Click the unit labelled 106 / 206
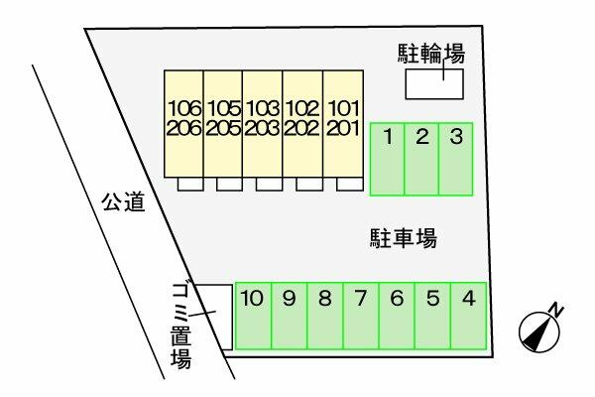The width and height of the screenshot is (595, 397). click(x=183, y=124)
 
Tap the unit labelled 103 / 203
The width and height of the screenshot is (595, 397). click(x=263, y=124)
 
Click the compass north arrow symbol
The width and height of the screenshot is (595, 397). click(x=538, y=328)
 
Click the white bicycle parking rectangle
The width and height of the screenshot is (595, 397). click(x=432, y=85)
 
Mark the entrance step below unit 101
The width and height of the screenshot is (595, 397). click(x=347, y=184)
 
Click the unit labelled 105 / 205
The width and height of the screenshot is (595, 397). click(x=223, y=124)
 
